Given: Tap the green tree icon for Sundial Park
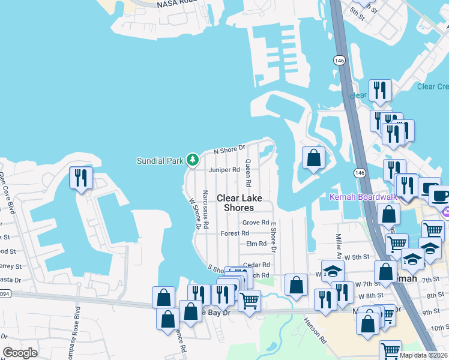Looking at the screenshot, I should [193, 160].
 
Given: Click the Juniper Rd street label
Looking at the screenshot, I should [224, 170].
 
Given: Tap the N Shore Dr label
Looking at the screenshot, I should [231, 148].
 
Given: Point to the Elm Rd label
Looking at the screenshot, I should [256, 244].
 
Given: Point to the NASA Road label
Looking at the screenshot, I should [177, 4].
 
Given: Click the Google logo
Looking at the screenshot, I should [20, 353].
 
